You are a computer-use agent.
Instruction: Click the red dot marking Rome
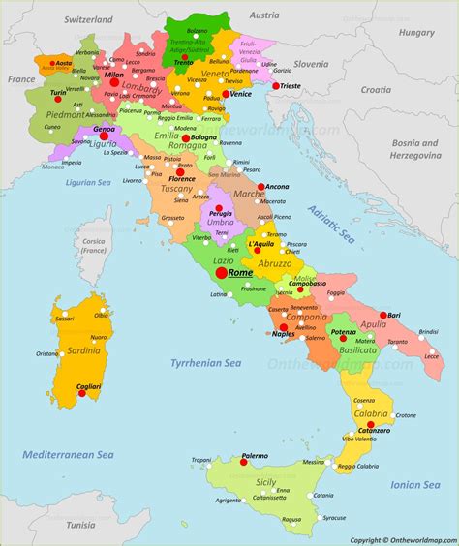coord(222,273)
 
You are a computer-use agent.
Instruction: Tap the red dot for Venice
coord(225,94)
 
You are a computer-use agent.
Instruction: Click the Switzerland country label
coord(86,18)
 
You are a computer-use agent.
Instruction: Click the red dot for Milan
coord(114,83)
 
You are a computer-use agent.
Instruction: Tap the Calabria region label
coord(371,414)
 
